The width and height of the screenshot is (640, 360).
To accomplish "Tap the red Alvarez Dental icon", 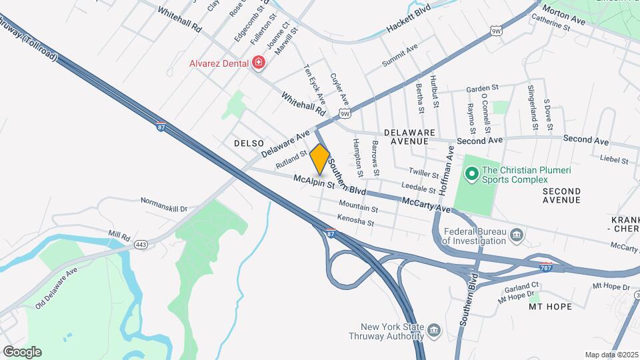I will [x=259, y=63].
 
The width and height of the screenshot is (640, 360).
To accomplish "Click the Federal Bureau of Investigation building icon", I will [x=517, y=235].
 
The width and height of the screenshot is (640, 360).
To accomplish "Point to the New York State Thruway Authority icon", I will [x=434, y=331].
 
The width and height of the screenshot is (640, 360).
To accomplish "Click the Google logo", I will [x=21, y=351].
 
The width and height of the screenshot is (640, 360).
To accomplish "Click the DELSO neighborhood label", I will [x=249, y=143].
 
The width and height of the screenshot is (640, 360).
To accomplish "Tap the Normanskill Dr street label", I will [x=164, y=204].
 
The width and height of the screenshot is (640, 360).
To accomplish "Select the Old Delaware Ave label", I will [x=56, y=289].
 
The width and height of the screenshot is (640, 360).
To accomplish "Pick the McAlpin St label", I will [x=313, y=181].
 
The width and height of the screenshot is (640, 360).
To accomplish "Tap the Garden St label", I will [x=482, y=88].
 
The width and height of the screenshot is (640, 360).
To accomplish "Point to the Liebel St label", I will [x=615, y=159].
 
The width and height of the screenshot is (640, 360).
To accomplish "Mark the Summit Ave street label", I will [x=399, y=55].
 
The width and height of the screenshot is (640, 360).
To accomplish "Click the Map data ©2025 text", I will [x=611, y=354].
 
